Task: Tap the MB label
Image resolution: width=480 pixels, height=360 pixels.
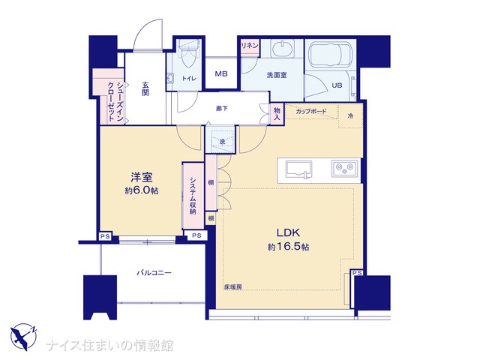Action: coord(221,73)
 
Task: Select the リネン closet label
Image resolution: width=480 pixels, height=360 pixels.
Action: coord(250,46)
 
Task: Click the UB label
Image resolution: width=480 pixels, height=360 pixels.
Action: coord(337,85)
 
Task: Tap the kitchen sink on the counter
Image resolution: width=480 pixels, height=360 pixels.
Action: coord(299,169)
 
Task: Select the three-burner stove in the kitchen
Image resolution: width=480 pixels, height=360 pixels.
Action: coord(344,168)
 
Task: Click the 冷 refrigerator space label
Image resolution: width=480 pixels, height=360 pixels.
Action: coord(351,116)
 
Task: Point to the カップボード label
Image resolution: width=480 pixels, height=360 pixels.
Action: coord(311,112)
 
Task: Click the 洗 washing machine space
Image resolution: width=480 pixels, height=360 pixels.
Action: coord(220,139)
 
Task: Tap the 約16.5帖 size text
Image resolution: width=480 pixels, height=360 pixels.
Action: coord(288,247)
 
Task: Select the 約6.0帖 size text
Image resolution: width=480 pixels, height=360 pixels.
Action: coord(142,190)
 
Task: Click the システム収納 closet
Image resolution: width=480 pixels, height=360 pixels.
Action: coord(193,196)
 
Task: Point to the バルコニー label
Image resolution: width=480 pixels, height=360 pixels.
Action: coord(154,272)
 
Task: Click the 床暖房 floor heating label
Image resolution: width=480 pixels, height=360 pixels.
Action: coord(233,286)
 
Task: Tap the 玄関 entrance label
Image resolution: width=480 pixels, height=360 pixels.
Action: coord(145,88)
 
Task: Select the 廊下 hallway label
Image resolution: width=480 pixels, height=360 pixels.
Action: coord(222,108)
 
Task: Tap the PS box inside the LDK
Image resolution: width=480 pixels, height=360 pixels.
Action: coord(357,273)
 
